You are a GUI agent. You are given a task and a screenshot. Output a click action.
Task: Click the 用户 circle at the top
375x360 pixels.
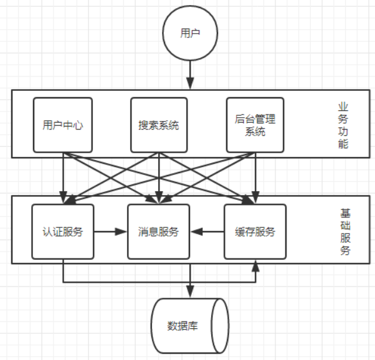point(189,34)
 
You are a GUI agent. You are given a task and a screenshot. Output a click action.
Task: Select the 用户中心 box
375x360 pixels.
point(63,125)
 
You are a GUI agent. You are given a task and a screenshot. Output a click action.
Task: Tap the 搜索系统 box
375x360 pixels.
point(158,125)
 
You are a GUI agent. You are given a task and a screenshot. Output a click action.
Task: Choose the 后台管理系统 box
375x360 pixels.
point(254,125)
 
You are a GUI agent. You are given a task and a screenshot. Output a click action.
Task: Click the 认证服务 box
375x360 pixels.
point(63,232)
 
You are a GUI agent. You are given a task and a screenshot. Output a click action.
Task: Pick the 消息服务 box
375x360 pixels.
point(158,232)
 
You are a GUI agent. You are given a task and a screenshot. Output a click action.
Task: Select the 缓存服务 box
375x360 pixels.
point(255,232)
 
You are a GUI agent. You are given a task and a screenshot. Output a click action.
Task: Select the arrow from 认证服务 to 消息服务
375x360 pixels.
point(110,232)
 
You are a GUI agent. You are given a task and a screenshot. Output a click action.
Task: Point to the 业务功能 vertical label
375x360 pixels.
point(343,125)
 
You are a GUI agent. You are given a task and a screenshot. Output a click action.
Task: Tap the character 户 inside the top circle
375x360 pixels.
point(195,34)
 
